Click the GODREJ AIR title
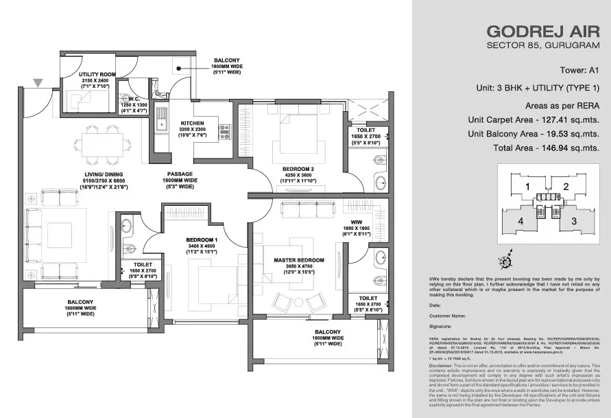click(542, 31)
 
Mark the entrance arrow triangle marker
click(38, 83)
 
